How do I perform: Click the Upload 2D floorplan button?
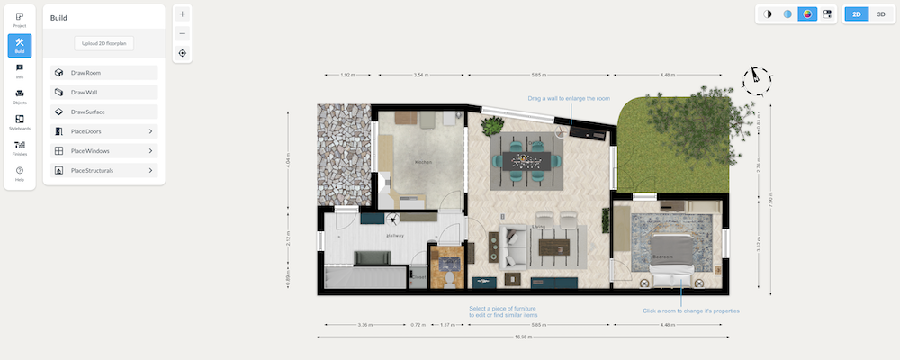click(103, 43)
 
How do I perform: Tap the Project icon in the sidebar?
click(20, 19)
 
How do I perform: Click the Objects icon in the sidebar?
click(20, 96)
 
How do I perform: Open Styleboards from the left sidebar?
click(20, 122)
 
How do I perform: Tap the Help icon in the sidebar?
click(20, 174)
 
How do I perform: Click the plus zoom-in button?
click(183, 14)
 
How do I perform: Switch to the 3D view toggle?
click(879, 14)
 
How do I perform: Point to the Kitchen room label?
click(423, 162)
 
